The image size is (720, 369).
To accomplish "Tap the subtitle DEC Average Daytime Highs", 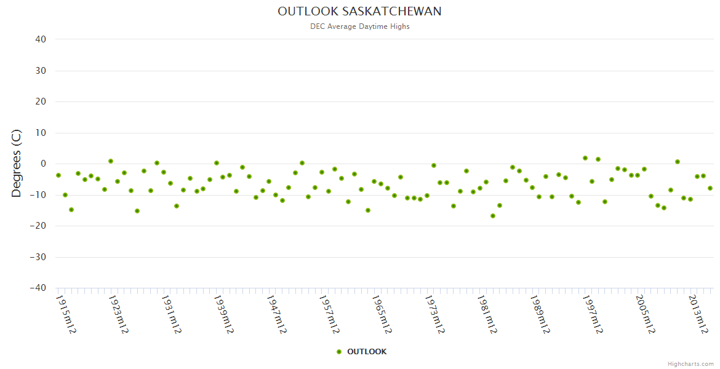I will pos(360,26).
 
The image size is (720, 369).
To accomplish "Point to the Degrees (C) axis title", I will pos(17,163).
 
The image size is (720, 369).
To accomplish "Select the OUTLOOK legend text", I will pos(367,352).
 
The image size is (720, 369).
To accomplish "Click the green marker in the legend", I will pos(339,352).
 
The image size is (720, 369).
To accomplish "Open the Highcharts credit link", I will pos(690,364).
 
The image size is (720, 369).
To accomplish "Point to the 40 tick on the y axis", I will pos(41,39).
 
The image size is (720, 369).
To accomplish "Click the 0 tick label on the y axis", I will pos(44,164).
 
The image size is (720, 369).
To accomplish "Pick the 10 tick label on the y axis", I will pos(41,133).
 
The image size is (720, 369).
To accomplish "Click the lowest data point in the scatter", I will pos(493,216).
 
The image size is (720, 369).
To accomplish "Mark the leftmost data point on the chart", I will pos(58,175).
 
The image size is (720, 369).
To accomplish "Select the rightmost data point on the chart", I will pos(710,188).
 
